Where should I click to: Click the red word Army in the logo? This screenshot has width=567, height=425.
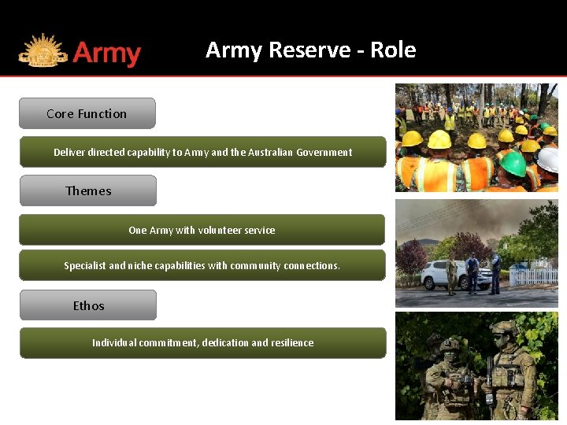[x=106, y=54]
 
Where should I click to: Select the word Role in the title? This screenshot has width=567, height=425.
[x=393, y=50]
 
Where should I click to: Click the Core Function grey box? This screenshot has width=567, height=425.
[x=87, y=113]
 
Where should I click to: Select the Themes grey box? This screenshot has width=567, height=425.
[x=88, y=190]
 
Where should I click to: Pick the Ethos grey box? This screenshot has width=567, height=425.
[x=88, y=305]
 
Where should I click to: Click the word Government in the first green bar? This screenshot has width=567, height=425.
[x=324, y=153]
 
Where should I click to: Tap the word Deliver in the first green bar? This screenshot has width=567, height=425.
[x=69, y=153]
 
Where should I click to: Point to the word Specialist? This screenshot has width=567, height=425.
[x=84, y=266]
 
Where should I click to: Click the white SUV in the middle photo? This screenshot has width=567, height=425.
[x=445, y=275]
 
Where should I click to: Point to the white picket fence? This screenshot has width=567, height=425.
[x=535, y=276]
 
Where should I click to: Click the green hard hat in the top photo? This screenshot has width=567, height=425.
[x=513, y=164]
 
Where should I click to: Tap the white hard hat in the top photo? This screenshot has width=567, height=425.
[x=549, y=160]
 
